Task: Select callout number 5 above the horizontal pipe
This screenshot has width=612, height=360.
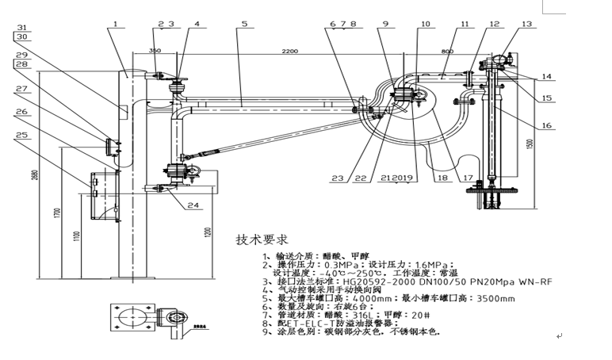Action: (245, 25)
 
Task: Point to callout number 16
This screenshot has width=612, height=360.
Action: (524, 125)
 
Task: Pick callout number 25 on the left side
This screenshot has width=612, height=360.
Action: (21, 135)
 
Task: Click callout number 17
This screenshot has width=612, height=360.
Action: (469, 178)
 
